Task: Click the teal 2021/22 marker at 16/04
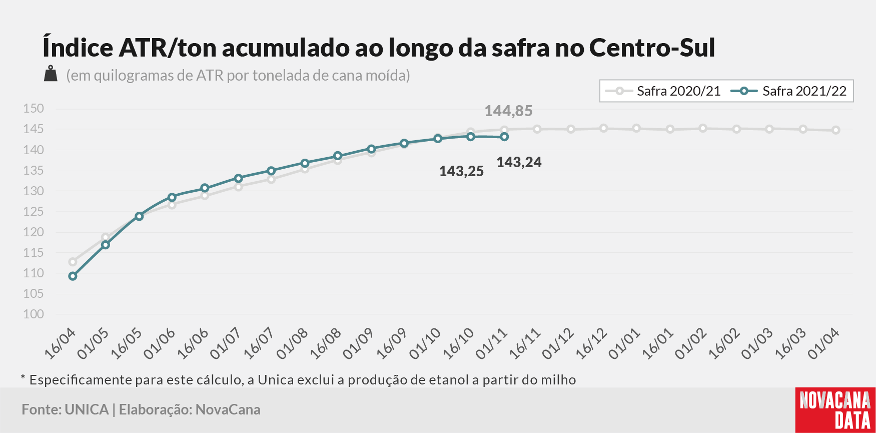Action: coord(73,276)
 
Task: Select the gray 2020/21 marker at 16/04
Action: coord(73,262)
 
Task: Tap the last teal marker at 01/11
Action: coord(504,137)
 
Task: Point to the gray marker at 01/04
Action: coord(835,130)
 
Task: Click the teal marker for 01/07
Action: coord(238,178)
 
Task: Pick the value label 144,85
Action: coord(508,111)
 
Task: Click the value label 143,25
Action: coord(461,171)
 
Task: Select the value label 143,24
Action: coord(519,162)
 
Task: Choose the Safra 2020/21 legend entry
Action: coord(663,91)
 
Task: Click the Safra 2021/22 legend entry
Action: coord(788,91)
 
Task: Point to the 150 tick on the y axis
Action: coord(34,109)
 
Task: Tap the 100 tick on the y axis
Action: coord(34,314)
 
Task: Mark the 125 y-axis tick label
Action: coord(34,211)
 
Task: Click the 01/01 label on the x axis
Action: coord(624,343)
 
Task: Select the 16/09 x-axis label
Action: coord(392,343)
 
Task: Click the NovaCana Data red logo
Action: coord(835,410)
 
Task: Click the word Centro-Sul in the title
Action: coord(652,48)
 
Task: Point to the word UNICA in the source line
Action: coord(87,409)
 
